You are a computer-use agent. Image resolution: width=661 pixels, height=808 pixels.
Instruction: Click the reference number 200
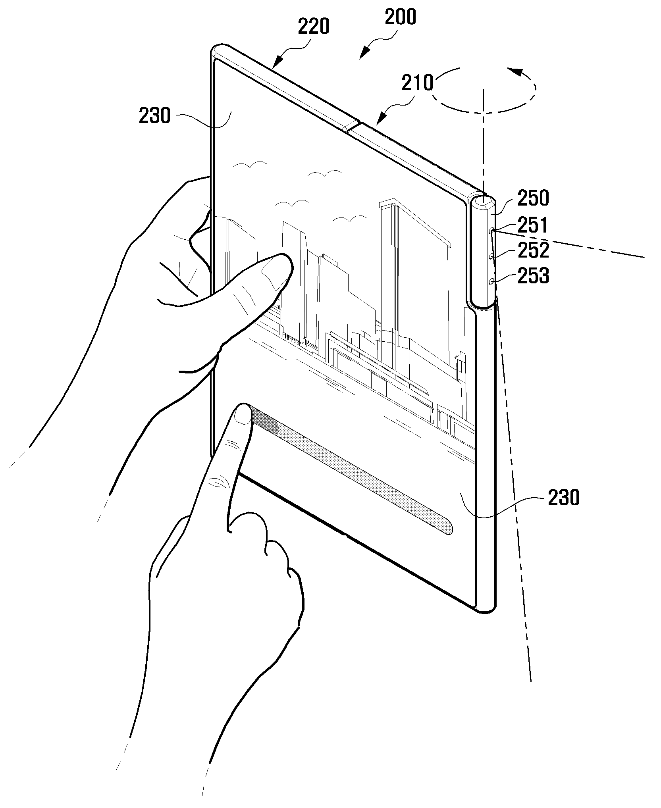point(400,17)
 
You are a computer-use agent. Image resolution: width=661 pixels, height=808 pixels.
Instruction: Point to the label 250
point(533,198)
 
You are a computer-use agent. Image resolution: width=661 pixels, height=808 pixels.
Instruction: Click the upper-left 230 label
point(155,116)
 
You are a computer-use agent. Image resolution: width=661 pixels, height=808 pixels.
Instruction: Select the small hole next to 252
point(492,256)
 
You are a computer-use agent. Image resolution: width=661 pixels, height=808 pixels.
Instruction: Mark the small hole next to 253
point(492,281)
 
